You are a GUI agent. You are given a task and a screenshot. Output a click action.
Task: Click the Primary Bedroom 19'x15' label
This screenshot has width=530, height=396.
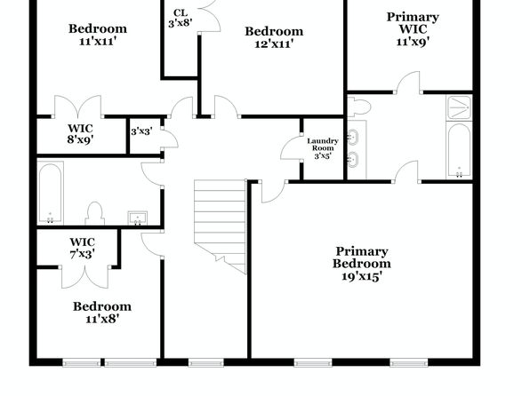362,264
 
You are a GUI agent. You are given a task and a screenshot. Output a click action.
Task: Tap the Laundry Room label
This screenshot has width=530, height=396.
323,145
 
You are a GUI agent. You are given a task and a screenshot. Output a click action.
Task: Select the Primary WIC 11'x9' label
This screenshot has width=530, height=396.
413,29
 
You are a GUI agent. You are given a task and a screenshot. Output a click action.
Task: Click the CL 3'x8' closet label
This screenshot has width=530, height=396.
181,18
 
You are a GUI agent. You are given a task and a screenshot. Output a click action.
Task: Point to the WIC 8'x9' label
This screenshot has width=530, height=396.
80,134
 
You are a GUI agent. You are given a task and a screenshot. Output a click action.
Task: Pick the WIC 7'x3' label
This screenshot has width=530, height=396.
82,248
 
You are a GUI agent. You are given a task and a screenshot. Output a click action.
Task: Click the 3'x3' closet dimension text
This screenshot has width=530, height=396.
141,131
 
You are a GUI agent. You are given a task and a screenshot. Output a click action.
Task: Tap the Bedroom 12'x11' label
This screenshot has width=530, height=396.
274,37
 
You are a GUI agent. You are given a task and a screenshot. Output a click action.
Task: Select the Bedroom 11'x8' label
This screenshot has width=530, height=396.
102,313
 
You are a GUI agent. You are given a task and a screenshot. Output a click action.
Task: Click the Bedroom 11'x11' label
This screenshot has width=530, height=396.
98,35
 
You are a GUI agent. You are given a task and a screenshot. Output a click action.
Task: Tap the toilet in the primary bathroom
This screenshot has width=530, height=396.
359,107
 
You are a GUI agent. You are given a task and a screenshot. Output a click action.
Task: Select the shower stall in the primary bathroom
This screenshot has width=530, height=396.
459,107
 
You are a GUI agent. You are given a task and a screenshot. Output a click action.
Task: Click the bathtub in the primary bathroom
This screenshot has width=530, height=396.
459,150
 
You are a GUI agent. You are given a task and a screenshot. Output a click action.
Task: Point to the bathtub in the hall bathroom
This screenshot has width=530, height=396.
50,193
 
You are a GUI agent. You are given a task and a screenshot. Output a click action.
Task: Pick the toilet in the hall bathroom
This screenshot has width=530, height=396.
94,213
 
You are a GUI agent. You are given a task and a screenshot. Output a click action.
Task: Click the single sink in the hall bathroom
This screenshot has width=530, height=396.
137,218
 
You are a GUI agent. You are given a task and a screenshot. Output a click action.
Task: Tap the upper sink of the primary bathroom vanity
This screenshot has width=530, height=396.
353,137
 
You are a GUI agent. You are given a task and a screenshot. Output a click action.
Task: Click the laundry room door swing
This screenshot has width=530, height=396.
291,147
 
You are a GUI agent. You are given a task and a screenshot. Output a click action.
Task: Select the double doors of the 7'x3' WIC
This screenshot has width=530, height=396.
85,278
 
